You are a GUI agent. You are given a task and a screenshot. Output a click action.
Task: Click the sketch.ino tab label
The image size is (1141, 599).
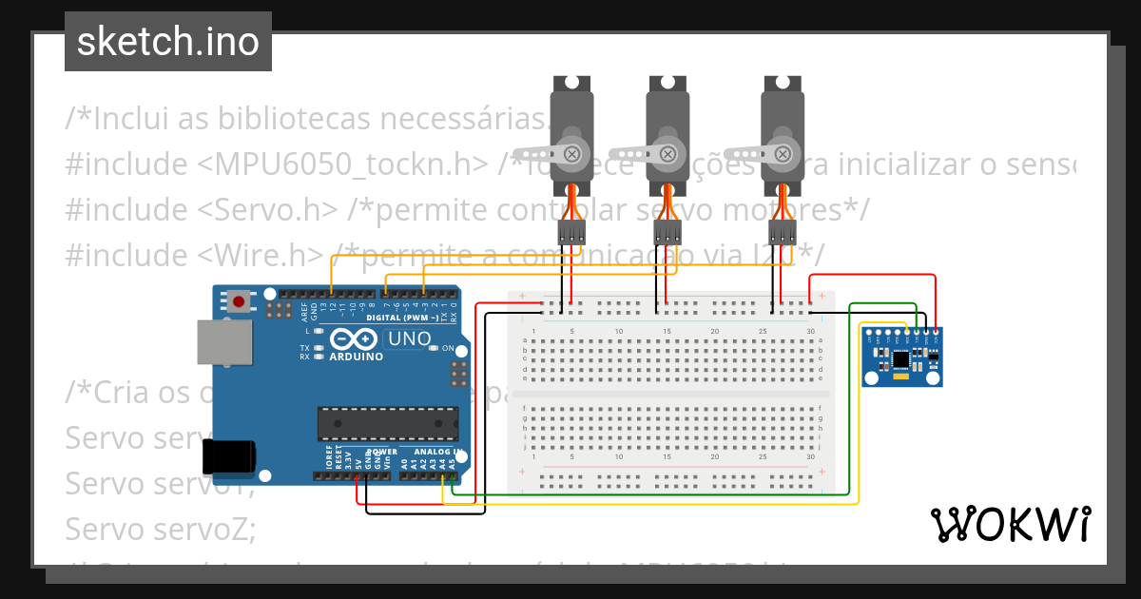167,42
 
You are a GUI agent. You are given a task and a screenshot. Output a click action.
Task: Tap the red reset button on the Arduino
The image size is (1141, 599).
239,302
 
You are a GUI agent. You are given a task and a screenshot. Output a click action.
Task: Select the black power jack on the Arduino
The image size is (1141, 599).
230,455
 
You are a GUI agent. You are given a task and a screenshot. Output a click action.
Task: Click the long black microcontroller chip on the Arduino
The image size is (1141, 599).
388,423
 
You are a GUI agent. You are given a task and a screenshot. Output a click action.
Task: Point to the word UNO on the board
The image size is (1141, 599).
411,338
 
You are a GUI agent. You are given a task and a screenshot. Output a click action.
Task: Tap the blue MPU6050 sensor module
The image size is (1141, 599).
902,357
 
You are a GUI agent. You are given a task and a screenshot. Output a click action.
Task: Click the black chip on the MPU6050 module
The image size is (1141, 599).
900,358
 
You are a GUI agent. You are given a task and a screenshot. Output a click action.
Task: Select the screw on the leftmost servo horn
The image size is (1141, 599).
572,153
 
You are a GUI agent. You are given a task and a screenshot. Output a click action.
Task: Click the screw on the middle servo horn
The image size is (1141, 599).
667,153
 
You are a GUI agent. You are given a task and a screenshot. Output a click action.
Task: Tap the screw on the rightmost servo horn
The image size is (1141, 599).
783,153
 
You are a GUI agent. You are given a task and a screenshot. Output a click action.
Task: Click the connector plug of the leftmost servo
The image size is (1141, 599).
571,231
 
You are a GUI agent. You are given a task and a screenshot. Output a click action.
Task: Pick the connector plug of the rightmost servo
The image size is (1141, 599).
782,231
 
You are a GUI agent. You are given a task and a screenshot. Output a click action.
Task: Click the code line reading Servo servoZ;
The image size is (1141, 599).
161,529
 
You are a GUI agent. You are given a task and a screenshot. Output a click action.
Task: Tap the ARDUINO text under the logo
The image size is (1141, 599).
357,357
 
